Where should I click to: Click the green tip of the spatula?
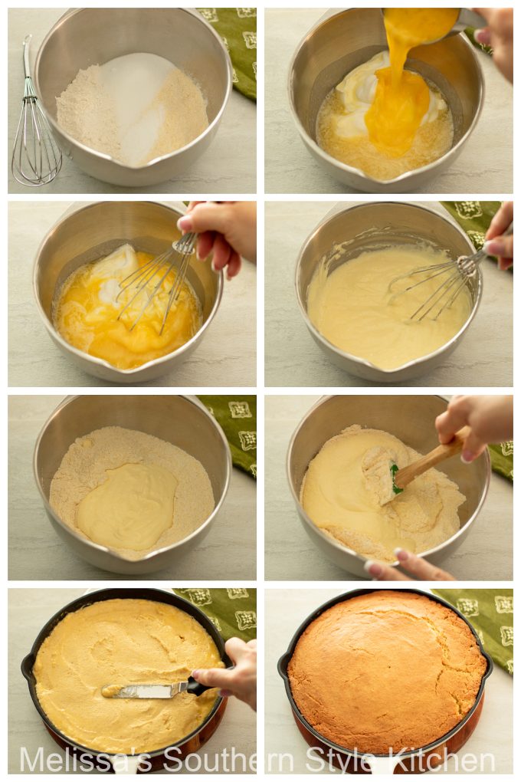[395, 478]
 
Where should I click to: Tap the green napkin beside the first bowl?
[234, 46]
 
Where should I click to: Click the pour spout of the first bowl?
[134, 180]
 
